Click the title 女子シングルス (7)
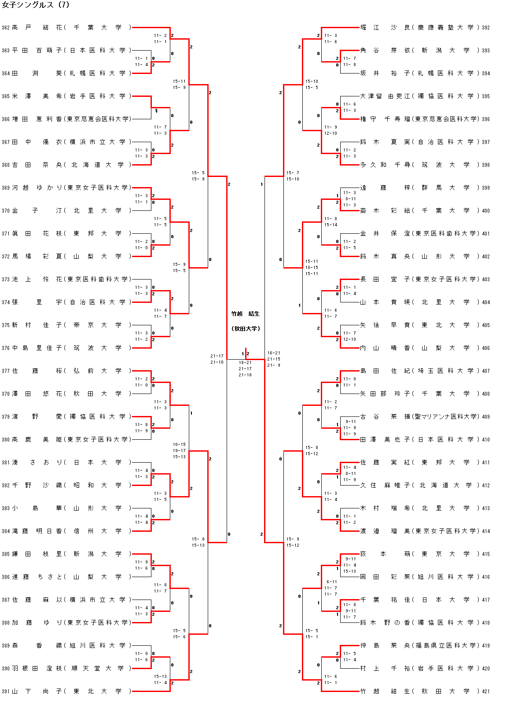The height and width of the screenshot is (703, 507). click(x=36, y=5)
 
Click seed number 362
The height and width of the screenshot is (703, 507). click(x=6, y=27)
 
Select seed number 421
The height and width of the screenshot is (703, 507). click(x=486, y=691)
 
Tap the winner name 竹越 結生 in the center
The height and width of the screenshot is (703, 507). click(x=246, y=314)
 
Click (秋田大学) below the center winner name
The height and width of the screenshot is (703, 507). click(x=246, y=329)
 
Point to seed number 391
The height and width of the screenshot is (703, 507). click(x=6, y=691)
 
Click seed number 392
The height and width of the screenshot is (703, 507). click(x=486, y=27)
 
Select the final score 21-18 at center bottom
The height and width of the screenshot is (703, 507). click(x=245, y=375)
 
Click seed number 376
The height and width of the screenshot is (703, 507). click(x=6, y=348)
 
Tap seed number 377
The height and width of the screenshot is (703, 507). click(x=6, y=371)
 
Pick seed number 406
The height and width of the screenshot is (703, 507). click(x=486, y=348)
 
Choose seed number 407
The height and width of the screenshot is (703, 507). click(x=486, y=371)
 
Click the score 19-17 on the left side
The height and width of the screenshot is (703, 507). click(x=179, y=451)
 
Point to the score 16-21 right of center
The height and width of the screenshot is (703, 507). click(x=274, y=353)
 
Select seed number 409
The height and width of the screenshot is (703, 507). click(x=486, y=416)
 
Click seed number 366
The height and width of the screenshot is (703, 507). click(x=6, y=119)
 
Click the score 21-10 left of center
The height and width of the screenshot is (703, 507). click(x=217, y=362)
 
